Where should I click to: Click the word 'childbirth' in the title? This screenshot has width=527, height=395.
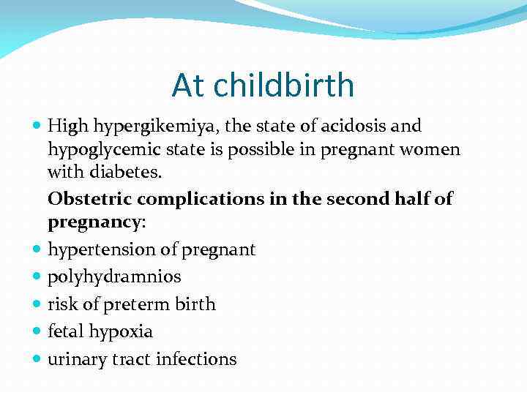pos(285,86)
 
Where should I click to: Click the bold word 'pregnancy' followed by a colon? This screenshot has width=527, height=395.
pos(94,222)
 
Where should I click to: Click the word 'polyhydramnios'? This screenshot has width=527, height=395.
pos(114,277)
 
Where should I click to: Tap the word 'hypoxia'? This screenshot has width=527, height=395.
pos(121,332)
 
